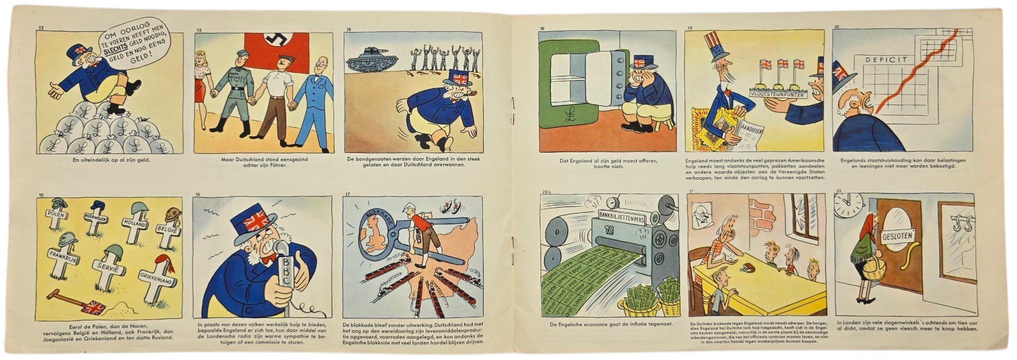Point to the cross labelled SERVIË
coord(110,269)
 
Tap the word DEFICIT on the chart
coord(886,60)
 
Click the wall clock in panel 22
coord(848,205)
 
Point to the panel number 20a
coord(546,191)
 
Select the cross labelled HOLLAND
coord(135,225)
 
